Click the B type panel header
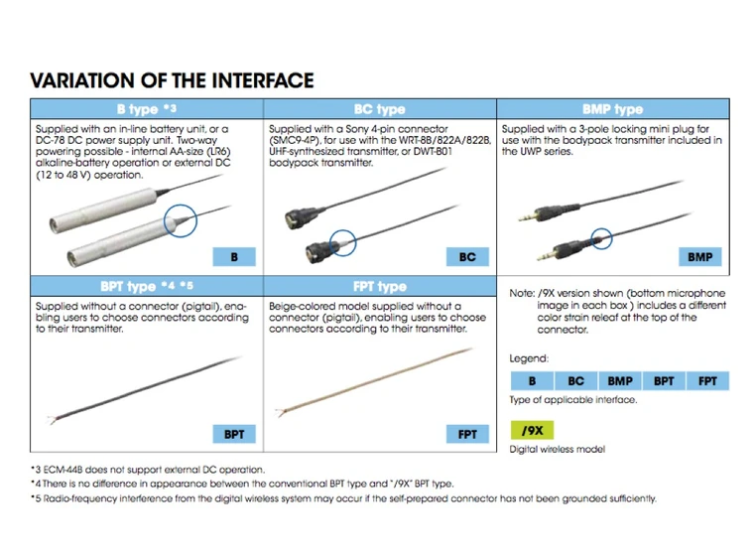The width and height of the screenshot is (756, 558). pos(147,109)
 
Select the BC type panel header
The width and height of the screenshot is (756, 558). pos(380,109)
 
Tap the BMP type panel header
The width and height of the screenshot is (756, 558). pos(613,109)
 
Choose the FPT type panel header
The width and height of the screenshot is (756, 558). pos(380,286)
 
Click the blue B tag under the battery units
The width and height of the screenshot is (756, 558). pos(234,257)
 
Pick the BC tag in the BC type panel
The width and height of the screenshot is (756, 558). pos(467,257)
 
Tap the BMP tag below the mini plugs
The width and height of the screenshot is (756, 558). pos(700,257)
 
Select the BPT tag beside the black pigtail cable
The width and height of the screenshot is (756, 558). pos(234,434)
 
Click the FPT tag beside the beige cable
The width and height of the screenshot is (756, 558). pos(467,434)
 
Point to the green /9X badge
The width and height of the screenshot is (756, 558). pos(532,430)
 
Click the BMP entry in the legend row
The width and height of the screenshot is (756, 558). pos(620,381)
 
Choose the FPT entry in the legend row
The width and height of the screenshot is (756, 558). pos(707,381)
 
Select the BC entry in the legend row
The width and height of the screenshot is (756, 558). pos(576,381)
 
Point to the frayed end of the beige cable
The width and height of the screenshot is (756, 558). pos(278,413)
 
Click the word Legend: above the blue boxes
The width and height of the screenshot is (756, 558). pos(529,358)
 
